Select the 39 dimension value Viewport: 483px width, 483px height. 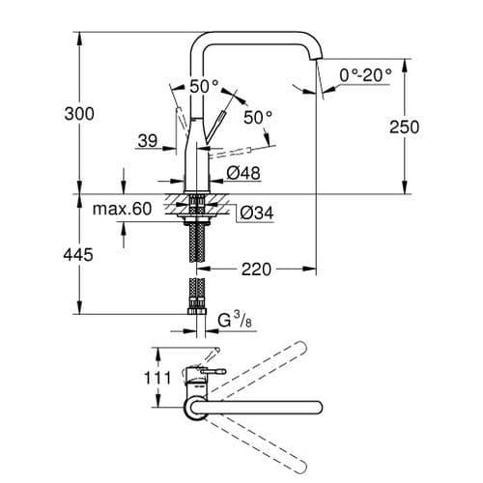[x=147, y=142]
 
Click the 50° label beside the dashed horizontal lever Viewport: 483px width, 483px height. [x=258, y=118]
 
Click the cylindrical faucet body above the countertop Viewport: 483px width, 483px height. [x=197, y=164]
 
